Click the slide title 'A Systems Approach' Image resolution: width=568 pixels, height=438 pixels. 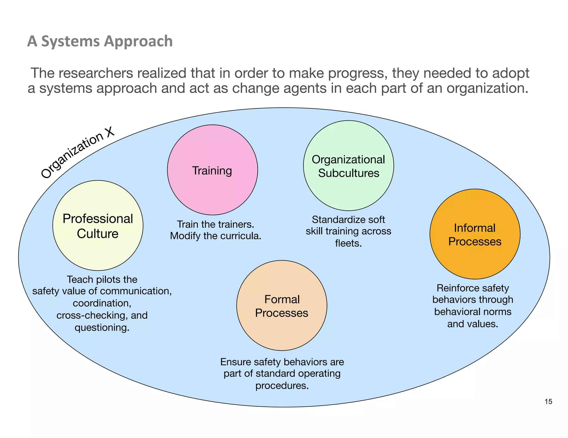click(100, 41)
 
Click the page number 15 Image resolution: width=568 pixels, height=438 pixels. click(548, 402)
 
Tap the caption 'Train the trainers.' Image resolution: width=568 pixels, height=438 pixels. click(215, 224)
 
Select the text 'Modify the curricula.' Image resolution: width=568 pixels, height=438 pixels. click(215, 236)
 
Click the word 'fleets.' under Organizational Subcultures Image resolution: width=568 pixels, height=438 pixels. click(348, 243)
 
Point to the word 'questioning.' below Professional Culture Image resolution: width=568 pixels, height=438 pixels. click(102, 328)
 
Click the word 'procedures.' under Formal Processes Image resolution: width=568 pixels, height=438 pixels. click(282, 386)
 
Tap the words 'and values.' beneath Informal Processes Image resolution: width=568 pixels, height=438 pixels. click(473, 324)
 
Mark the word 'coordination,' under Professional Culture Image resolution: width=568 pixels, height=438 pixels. click(102, 303)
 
